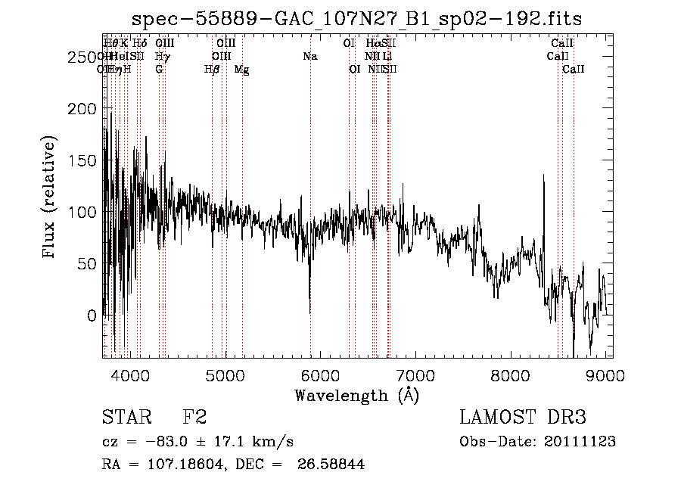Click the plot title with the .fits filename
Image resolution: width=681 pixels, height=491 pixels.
coord(356,18)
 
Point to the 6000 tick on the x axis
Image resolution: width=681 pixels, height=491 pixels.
coord(321,374)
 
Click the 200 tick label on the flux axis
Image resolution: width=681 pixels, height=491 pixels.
coord(85,109)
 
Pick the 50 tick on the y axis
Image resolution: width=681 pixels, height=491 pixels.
coord(89,264)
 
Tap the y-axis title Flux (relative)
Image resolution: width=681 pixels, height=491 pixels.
coord(51,198)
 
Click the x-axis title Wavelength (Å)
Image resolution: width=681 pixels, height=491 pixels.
coord(356,396)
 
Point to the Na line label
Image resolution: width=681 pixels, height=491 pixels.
coord(309,56)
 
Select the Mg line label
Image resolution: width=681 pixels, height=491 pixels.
coord(241,69)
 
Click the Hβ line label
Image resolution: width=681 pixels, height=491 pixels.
coord(212,69)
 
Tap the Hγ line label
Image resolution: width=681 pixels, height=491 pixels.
coord(161,56)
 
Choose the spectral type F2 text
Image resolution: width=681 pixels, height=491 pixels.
coord(194,418)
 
